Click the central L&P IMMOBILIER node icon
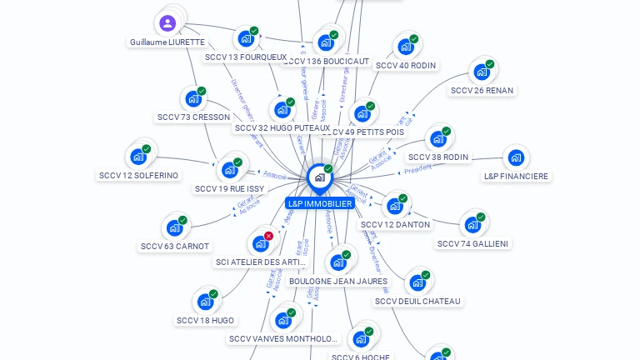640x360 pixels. pos(319,177)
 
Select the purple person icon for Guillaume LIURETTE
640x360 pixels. pos(167,22)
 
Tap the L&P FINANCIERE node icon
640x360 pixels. pos(516,157)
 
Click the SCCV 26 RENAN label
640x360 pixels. pos(482,90)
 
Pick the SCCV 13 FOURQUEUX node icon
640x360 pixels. pos(245,38)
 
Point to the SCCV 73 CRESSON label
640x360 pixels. pos(193,117)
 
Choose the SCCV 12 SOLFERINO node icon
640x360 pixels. pos(138,156)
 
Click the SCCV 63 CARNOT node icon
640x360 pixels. pos(174,227)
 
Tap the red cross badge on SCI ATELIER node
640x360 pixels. pos(268,236)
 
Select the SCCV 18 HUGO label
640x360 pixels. pos(206,320)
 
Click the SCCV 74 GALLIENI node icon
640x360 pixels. pos(472,224)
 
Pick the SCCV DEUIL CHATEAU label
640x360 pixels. pos(417,301)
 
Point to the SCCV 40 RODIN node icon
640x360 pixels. pos(405,46)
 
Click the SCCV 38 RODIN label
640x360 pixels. pos(438,157)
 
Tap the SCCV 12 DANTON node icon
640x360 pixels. pos(395,205)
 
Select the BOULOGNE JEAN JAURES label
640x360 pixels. pos(338,281)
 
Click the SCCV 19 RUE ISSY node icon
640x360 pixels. pos(230,169)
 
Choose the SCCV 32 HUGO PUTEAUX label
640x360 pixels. pos(282,127)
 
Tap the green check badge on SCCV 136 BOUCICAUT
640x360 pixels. pos(334,35)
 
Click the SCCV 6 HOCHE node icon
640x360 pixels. pos(361,338)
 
